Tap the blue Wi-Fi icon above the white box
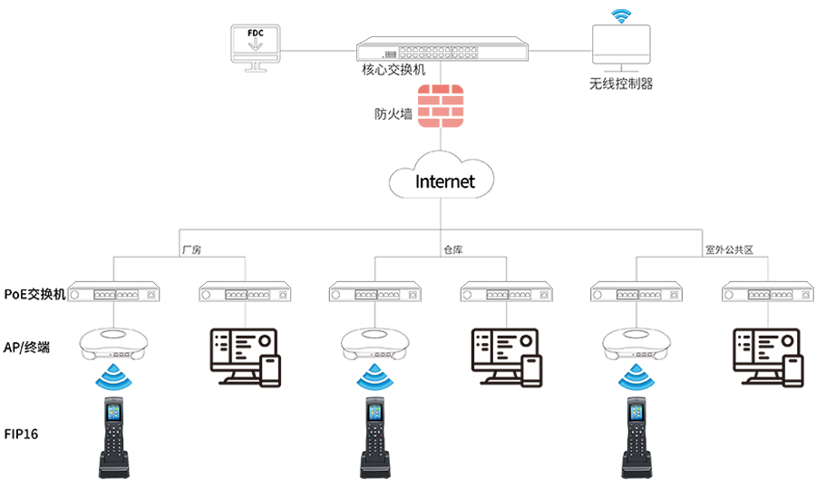coord(620,15)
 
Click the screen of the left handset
coord(113,416)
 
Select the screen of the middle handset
coord(374,416)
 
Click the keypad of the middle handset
coord(374,445)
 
